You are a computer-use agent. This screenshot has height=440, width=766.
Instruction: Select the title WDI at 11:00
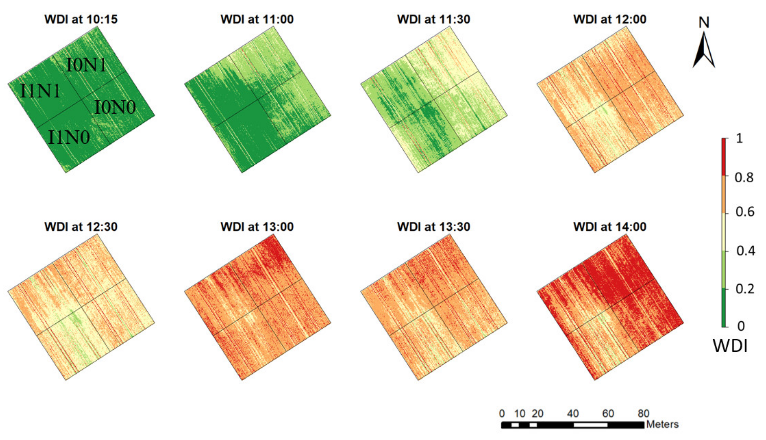click(257, 19)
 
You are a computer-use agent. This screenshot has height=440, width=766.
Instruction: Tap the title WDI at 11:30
click(433, 19)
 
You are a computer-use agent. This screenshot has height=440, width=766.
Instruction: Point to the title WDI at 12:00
click(610, 19)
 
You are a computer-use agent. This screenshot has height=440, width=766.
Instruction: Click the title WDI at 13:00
click(257, 227)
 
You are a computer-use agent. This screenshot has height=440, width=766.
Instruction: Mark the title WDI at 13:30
click(433, 227)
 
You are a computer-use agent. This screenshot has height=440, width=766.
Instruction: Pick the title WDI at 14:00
click(610, 227)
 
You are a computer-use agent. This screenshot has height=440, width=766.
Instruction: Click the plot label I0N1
click(86, 65)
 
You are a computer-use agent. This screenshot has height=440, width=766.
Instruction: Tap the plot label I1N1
click(40, 91)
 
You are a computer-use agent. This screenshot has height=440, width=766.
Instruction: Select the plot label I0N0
click(115, 107)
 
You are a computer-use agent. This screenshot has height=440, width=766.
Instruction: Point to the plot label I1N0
click(69, 137)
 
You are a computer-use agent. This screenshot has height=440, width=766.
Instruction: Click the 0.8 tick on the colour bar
click(744, 177)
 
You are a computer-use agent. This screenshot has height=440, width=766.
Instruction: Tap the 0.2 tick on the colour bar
click(745, 289)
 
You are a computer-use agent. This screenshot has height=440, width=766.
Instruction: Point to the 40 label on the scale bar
click(573, 413)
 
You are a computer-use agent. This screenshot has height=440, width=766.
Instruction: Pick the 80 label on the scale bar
click(644, 413)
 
